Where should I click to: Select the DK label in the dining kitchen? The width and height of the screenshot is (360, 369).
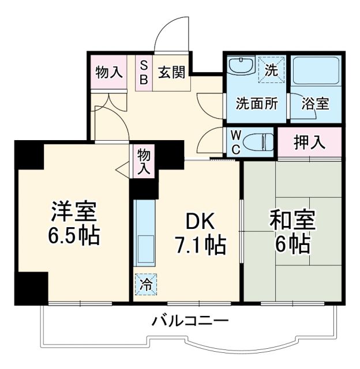click(200, 221)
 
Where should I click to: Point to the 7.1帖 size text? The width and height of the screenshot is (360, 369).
click(200, 246)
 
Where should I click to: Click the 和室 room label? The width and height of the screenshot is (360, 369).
click(292, 221)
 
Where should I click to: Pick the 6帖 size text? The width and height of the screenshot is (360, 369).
click(292, 245)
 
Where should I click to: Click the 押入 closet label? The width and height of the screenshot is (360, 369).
click(310, 142)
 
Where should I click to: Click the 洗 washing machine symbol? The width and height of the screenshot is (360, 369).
click(271, 69)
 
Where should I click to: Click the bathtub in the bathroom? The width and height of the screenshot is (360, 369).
click(315, 72)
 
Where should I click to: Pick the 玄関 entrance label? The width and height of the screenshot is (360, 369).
click(171, 73)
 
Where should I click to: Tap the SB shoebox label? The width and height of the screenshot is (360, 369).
click(144, 71)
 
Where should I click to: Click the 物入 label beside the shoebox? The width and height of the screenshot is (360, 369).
click(109, 73)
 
